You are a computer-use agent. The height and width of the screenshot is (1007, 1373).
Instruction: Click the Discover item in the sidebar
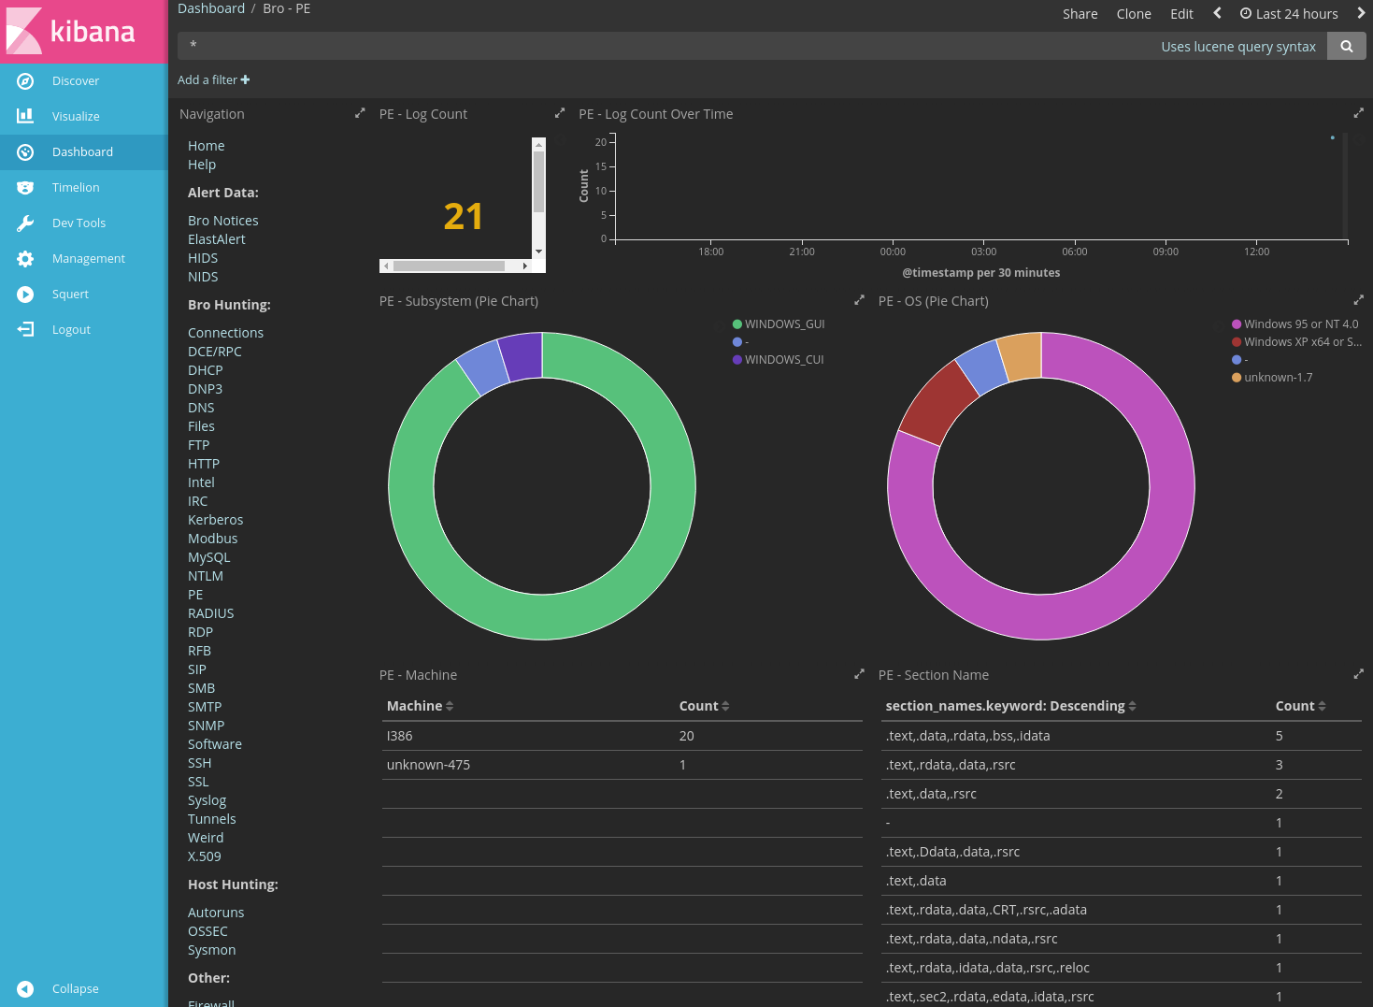click(75, 81)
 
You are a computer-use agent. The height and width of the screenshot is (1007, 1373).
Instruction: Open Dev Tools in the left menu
click(79, 223)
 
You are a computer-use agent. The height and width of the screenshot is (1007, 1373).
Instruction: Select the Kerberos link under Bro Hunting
click(215, 520)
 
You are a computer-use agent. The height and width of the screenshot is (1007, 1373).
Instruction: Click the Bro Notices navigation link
click(222, 221)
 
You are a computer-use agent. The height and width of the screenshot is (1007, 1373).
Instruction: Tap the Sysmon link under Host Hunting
click(211, 950)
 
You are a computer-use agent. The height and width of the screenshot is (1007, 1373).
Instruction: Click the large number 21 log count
click(463, 217)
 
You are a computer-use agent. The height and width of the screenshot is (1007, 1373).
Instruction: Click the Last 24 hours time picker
click(1289, 14)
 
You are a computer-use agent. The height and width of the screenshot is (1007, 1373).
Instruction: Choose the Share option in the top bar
click(1080, 14)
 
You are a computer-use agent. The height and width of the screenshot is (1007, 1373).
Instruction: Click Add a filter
click(213, 80)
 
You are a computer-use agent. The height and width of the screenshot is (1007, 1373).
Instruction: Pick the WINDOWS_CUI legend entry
click(783, 360)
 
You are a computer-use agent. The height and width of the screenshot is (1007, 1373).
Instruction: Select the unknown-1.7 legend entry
click(1277, 378)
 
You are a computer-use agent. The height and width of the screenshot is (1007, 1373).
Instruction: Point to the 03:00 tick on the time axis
click(983, 252)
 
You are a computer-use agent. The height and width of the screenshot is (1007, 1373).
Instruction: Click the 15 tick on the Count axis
click(601, 166)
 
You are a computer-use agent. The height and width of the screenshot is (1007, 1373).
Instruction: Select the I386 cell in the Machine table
click(400, 736)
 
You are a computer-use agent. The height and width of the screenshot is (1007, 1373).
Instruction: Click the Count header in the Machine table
click(698, 706)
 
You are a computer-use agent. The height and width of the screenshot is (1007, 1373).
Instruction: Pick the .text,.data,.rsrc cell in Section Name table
click(931, 794)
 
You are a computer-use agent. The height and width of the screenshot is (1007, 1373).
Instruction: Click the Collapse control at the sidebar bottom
click(75, 989)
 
